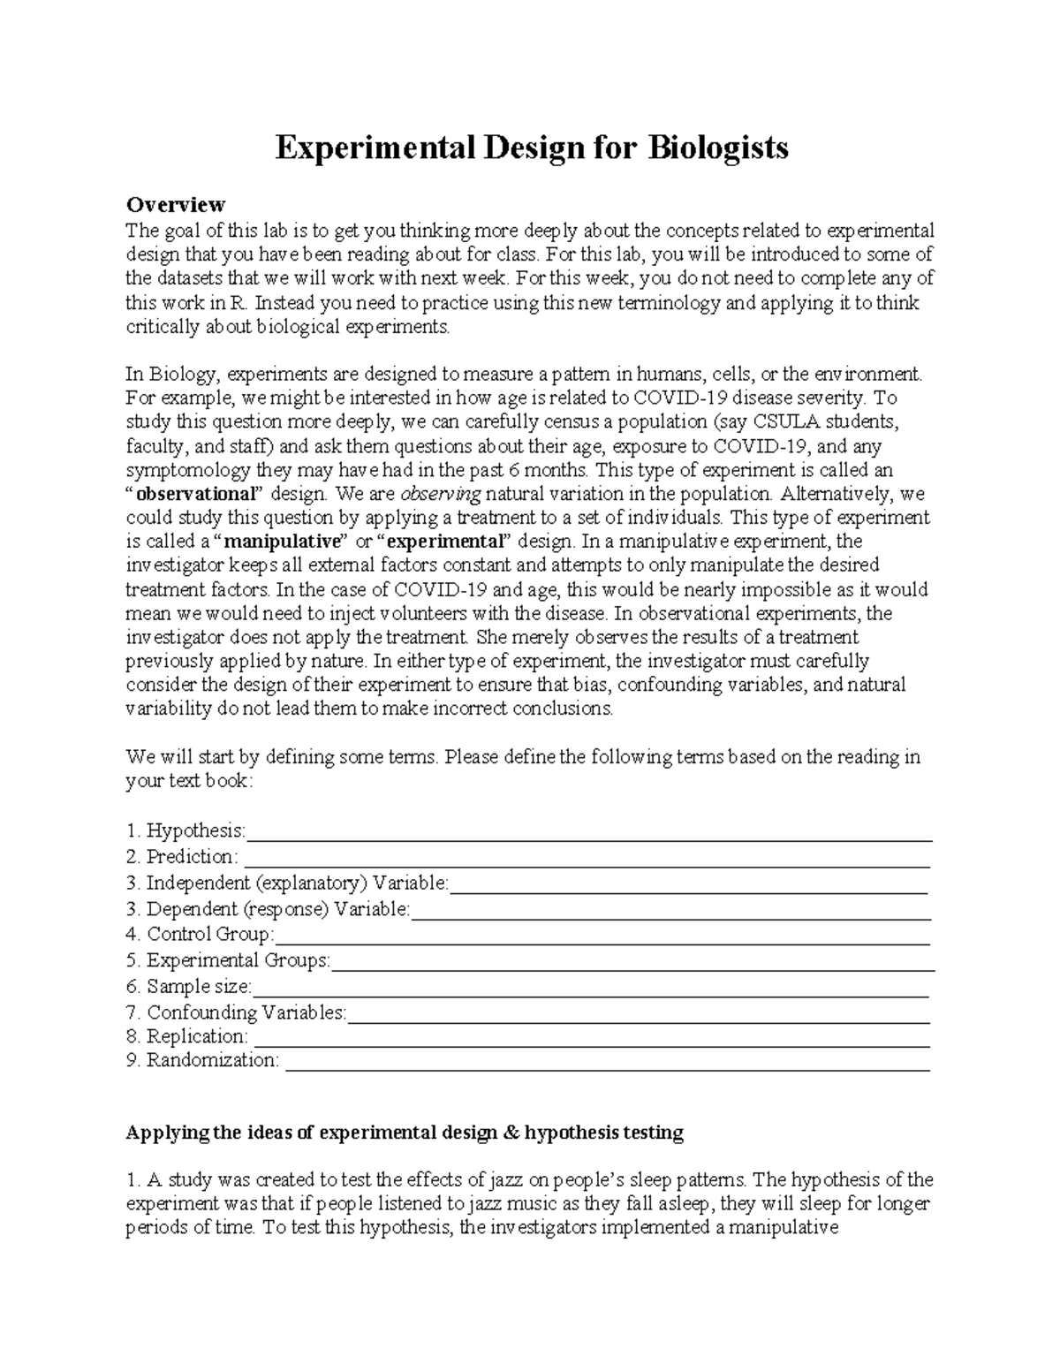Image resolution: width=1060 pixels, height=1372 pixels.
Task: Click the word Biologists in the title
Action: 718,148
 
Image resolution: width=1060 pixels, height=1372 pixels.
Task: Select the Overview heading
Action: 175,205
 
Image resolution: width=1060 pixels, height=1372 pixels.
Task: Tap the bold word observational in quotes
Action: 195,494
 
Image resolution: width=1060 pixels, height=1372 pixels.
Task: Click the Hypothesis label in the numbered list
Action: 195,830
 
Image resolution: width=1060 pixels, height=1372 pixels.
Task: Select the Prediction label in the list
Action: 191,857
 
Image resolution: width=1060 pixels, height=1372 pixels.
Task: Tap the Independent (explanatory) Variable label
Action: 297,883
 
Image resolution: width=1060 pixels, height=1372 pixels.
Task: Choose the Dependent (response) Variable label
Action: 277,909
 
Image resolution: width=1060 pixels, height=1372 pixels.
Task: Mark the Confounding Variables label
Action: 246,1012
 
